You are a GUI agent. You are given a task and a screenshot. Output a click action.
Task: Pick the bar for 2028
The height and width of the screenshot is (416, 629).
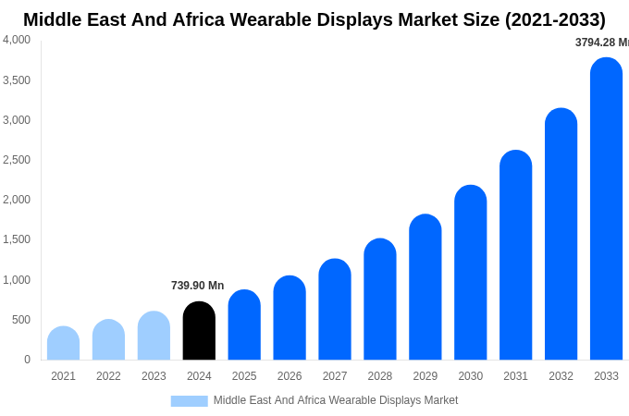(379, 300)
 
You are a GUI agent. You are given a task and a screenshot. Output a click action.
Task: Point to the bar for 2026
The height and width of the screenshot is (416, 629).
(290, 318)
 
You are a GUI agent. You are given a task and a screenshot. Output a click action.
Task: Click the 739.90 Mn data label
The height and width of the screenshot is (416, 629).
(197, 286)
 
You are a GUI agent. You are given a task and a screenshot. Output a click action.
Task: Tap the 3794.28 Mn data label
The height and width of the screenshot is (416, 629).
(601, 43)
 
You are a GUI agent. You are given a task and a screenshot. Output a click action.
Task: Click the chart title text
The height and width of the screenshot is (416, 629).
(314, 19)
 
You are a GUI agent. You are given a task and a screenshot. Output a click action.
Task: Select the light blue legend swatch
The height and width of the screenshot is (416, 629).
(189, 400)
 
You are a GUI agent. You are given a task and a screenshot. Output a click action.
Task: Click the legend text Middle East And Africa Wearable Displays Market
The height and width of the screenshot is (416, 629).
(336, 400)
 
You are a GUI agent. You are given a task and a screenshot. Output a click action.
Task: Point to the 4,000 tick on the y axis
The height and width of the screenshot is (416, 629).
(17, 40)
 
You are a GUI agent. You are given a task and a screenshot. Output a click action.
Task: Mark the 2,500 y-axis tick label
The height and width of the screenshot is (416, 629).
(17, 160)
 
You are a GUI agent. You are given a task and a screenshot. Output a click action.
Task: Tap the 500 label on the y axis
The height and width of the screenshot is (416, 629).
(20, 320)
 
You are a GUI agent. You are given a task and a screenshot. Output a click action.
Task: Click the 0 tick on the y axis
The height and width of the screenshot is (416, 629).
(27, 360)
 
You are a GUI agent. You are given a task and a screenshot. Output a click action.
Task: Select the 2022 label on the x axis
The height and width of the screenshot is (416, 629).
(108, 376)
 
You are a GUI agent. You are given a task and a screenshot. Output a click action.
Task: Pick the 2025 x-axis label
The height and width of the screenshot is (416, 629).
(244, 376)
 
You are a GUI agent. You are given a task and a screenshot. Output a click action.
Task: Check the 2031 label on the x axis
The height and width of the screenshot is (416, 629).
(515, 376)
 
